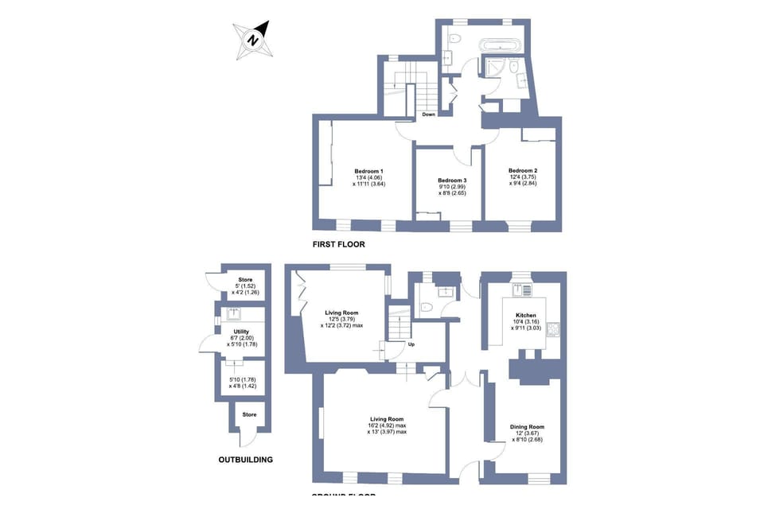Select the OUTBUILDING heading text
tap(245, 460)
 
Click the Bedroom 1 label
tap(368, 171)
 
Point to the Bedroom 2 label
tap(523, 171)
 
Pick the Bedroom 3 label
tap(451, 181)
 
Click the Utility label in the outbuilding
tap(242, 331)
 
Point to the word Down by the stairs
tap(428, 115)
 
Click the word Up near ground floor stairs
tap(411, 344)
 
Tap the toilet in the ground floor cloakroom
tap(426, 306)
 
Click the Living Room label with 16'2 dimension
tap(386, 419)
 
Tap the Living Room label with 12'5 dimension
tap(341, 313)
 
